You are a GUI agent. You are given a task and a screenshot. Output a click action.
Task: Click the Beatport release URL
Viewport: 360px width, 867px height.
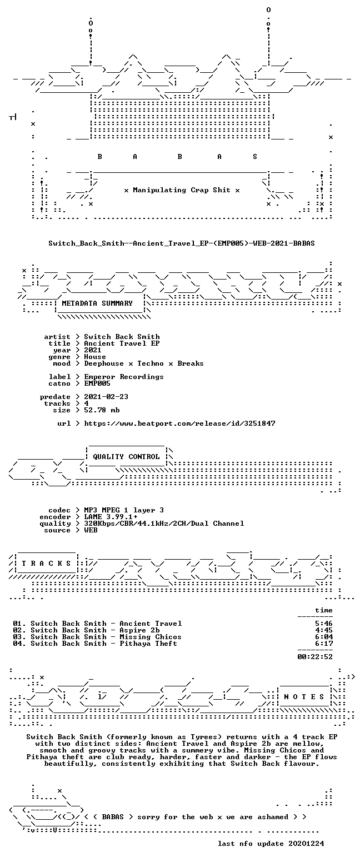point(179,423)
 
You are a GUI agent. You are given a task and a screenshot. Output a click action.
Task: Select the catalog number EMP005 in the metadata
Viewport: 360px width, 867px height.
point(97,383)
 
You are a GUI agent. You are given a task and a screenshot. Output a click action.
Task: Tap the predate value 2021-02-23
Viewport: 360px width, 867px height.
point(106,397)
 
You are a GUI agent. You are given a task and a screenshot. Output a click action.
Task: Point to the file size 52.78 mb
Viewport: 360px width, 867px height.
point(102,410)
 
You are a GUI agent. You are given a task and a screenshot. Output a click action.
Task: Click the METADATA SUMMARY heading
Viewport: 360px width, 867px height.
point(97,303)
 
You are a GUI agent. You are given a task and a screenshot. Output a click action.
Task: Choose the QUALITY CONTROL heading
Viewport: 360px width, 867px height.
point(126,457)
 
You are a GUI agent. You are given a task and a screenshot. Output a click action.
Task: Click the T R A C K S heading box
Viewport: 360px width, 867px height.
point(47,563)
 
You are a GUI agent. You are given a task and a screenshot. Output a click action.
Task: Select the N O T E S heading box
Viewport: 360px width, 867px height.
point(304,697)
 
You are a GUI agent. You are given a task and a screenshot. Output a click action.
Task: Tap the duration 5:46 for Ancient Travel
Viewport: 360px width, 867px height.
point(324,624)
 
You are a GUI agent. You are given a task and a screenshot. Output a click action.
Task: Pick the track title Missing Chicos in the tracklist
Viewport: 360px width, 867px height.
point(150,637)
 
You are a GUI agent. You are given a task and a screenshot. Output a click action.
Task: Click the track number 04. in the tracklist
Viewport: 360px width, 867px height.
point(19,643)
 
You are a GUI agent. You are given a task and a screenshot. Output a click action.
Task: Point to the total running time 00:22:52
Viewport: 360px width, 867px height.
point(315,657)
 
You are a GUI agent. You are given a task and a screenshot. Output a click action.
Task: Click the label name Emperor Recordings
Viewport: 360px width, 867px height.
point(124,377)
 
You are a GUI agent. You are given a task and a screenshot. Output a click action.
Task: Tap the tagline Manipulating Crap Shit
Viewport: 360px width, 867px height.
point(182,190)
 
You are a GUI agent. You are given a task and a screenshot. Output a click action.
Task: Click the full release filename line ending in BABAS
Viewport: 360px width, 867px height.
point(182,243)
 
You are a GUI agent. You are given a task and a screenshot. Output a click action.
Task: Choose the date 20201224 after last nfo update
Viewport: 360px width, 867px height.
point(306,844)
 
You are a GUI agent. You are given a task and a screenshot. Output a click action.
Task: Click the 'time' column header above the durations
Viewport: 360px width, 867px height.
point(324,610)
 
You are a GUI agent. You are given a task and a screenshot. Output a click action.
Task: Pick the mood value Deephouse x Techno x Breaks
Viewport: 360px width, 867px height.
point(144,363)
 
